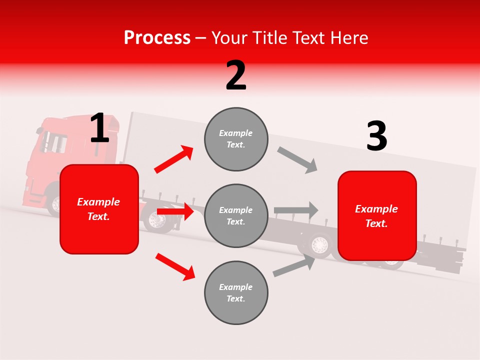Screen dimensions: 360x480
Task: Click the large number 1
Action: click(x=99, y=128)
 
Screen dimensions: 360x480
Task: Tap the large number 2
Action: click(x=236, y=75)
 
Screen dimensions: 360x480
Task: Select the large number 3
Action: click(x=377, y=136)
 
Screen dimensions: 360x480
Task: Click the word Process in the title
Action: click(x=157, y=37)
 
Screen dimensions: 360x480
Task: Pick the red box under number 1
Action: click(x=99, y=209)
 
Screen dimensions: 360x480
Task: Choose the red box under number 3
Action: click(x=377, y=215)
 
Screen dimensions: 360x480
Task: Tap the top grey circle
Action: click(x=236, y=139)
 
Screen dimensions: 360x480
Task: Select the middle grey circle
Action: click(x=236, y=215)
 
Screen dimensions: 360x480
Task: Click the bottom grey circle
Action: click(x=236, y=292)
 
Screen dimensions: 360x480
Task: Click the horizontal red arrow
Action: click(x=174, y=212)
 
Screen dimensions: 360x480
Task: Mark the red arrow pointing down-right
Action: click(x=175, y=266)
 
